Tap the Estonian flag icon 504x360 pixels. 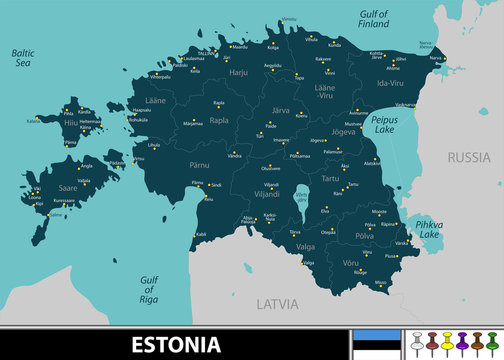pos(385,344)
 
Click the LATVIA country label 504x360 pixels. pos(279,301)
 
